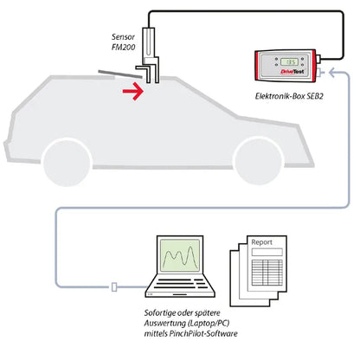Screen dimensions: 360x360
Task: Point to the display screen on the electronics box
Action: (292, 62)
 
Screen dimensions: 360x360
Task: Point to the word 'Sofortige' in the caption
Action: (162, 309)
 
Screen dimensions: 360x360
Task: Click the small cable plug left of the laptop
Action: (113, 286)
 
